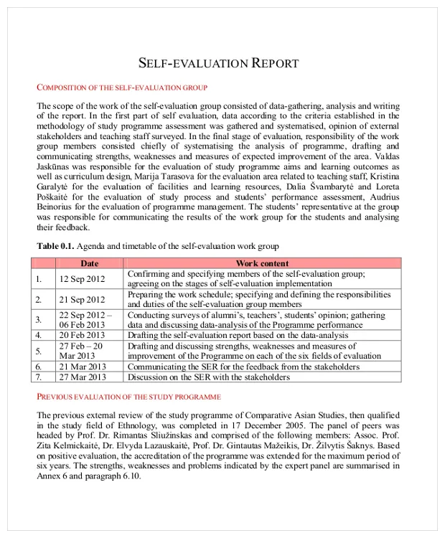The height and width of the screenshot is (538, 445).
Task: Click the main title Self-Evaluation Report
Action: [x=217, y=63]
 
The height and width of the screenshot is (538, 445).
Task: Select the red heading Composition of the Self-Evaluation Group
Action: [x=122, y=88]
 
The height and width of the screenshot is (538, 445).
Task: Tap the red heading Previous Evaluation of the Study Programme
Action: [x=128, y=397]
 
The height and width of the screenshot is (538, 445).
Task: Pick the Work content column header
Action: [x=262, y=263]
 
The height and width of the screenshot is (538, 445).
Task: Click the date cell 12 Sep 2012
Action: [x=82, y=278]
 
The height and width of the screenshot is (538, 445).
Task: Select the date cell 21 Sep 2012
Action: [x=82, y=299]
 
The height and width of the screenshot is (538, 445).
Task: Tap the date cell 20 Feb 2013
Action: [x=82, y=334]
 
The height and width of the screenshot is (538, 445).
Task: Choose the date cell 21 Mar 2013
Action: [x=82, y=367]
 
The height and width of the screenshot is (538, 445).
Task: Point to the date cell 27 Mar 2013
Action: [x=82, y=377]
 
